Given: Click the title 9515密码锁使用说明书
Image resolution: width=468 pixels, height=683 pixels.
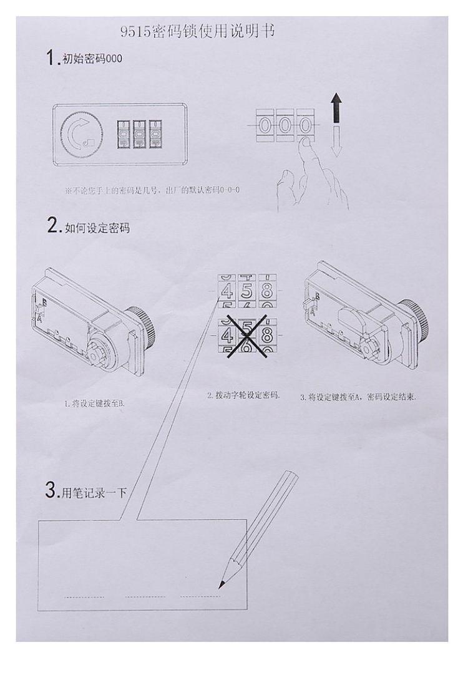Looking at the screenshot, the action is pyautogui.click(x=197, y=31).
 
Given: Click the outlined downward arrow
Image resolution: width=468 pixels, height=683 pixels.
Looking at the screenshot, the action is pyautogui.click(x=336, y=142).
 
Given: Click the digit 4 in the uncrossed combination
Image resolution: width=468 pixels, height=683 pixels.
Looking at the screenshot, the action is pyautogui.click(x=228, y=290).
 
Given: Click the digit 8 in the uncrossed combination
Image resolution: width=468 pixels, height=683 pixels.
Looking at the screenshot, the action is pyautogui.click(x=266, y=290).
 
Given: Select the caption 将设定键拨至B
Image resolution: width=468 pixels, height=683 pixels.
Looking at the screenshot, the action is pyautogui.click(x=95, y=404).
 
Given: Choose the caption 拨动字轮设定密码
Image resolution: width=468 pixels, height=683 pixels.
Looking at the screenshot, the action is pyautogui.click(x=243, y=395).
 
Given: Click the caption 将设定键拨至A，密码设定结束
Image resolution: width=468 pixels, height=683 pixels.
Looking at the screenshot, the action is pyautogui.click(x=358, y=397).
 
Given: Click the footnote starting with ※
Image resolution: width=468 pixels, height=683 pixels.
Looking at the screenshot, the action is pyautogui.click(x=152, y=190).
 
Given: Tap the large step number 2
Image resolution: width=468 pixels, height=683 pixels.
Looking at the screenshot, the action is pyautogui.click(x=53, y=226).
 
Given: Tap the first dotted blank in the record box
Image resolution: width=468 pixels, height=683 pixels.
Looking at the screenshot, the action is pyautogui.click(x=84, y=597).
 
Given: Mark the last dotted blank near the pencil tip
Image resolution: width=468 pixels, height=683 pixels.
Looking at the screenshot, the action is pyautogui.click(x=200, y=596).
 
